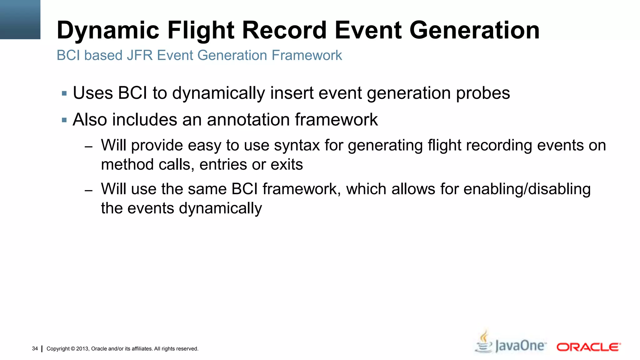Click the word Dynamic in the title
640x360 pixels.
108,30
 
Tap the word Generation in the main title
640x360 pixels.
474,30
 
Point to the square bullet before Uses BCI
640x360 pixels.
64,93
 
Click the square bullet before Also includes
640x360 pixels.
64,120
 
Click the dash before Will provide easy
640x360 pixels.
88,146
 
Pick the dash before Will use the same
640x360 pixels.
88,190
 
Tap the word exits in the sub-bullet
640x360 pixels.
287,164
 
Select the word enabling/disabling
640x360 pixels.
527,189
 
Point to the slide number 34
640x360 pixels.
35,348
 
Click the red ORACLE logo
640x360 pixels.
588,347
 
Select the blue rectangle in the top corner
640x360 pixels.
20,19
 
